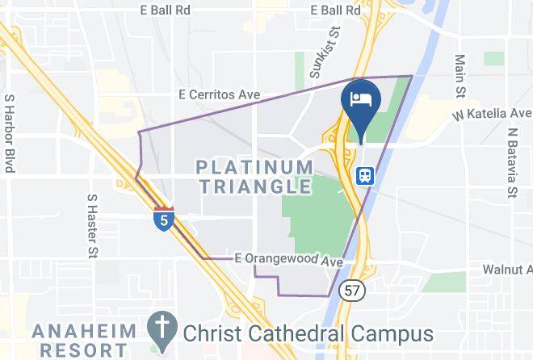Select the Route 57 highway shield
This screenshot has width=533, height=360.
[x=352, y=290]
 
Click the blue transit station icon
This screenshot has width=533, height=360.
[x=365, y=175]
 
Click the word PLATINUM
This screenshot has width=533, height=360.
[x=255, y=168]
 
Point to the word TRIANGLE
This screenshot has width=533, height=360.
[x=255, y=187]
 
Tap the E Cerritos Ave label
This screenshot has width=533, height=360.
[x=220, y=95]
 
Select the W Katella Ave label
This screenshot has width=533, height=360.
[x=492, y=115]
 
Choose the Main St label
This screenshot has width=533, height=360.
[x=461, y=74]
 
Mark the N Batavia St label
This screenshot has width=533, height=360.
[x=512, y=162]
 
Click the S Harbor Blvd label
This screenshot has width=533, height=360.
[x=10, y=133]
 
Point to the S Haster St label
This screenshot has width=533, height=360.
[x=91, y=225]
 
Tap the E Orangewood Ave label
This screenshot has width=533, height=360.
[x=288, y=260]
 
